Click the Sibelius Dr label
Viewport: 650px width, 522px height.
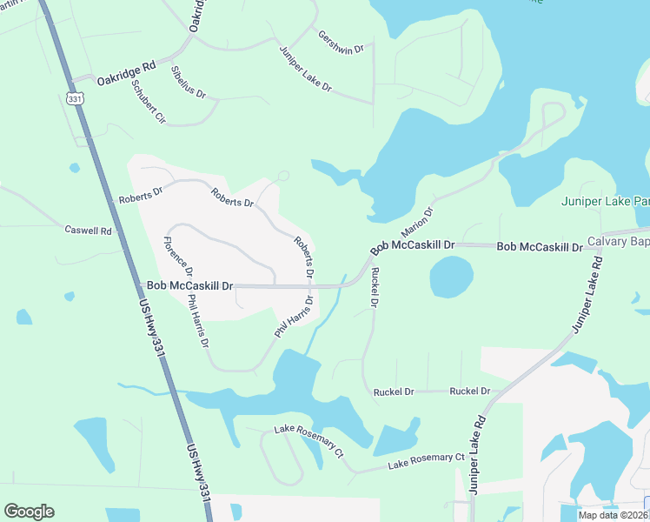click(189, 81)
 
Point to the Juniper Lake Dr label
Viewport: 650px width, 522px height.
click(306, 68)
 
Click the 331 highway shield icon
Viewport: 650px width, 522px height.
click(76, 97)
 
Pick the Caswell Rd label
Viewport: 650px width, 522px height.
click(89, 231)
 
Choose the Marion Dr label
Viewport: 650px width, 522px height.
click(416, 223)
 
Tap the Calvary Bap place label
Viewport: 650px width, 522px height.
click(618, 241)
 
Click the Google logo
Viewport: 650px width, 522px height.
click(29, 512)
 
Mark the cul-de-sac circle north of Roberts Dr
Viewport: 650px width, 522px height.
click(283, 177)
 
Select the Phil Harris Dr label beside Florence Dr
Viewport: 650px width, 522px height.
click(198, 321)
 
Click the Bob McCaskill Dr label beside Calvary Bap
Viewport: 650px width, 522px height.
click(539, 248)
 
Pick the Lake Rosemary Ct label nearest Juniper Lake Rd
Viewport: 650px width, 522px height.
click(427, 461)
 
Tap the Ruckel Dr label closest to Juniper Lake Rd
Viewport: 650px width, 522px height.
click(469, 391)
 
